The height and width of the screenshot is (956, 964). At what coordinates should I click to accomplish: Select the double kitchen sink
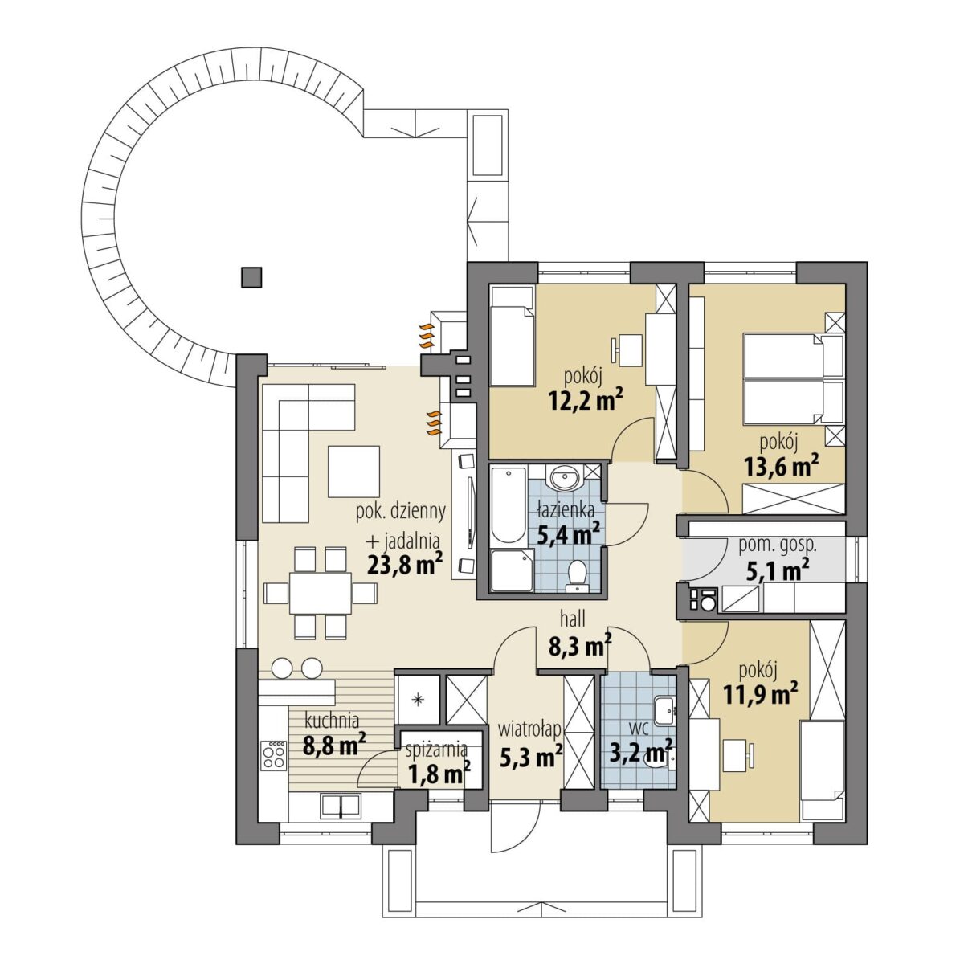(x=340, y=805)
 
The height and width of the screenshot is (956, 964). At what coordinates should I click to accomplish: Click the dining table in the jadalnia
(x=321, y=593)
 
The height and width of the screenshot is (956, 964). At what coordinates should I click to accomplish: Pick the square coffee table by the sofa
(x=354, y=471)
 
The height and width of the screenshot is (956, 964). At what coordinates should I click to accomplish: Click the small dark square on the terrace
(x=251, y=277)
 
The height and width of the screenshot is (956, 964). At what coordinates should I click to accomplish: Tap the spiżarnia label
(x=437, y=750)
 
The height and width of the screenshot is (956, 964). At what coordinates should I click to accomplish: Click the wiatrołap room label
(x=529, y=730)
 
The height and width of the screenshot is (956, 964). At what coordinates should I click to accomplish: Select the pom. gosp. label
(x=778, y=545)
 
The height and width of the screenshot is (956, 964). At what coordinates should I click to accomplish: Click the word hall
(x=573, y=619)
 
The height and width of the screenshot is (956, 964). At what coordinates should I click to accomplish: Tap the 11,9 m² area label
(x=760, y=694)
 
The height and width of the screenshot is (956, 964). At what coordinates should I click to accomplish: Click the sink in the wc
(x=665, y=709)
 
